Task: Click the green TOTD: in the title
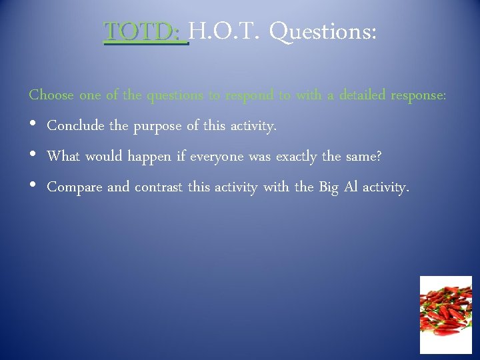(145, 31)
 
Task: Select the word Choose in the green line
(51, 95)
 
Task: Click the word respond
(249, 96)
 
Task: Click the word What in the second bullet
(64, 157)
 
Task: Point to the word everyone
(217, 157)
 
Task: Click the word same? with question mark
(363, 157)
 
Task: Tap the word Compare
(75, 188)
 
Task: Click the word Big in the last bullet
(328, 188)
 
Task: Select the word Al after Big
(354, 187)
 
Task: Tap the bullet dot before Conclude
(33, 126)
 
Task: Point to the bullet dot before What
(33, 157)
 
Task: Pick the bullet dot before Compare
(33, 187)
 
